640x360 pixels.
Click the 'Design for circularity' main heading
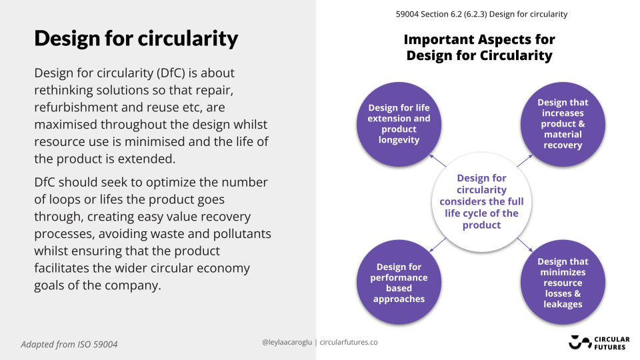(x=136, y=39)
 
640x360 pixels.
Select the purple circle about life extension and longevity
(x=399, y=124)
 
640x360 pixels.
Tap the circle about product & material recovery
(x=563, y=124)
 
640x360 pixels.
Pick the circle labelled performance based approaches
(x=399, y=282)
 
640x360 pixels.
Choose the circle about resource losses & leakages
(x=563, y=282)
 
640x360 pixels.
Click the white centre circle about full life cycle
(x=481, y=202)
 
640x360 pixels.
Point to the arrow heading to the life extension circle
(x=437, y=161)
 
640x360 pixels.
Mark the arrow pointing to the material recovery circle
(x=525, y=161)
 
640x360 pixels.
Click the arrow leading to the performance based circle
(x=437, y=245)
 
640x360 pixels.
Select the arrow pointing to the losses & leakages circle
(x=525, y=245)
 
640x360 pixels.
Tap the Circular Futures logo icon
(x=579, y=342)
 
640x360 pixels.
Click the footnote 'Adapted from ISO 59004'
(x=69, y=345)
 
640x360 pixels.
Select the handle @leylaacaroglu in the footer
(x=287, y=342)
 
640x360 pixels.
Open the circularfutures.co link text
(x=349, y=342)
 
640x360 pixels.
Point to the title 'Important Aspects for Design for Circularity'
(x=479, y=47)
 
